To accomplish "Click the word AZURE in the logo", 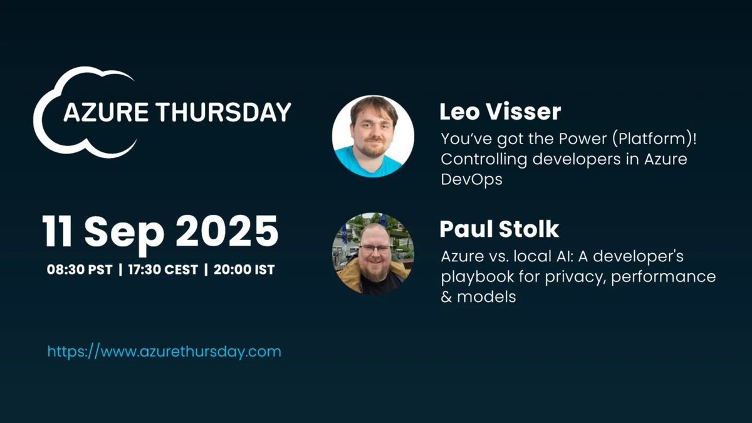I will (x=103, y=112).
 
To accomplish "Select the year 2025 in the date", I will (x=226, y=231).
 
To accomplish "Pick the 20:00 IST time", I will (x=244, y=270).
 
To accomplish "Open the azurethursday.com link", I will (x=164, y=351).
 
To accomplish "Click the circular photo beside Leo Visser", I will (x=373, y=137).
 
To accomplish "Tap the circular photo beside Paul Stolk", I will (x=373, y=253).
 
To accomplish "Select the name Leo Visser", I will (x=500, y=112).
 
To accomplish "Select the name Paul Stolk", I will (x=499, y=229).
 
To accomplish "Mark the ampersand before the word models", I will (x=446, y=296).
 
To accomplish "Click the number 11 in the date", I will (x=59, y=231).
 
